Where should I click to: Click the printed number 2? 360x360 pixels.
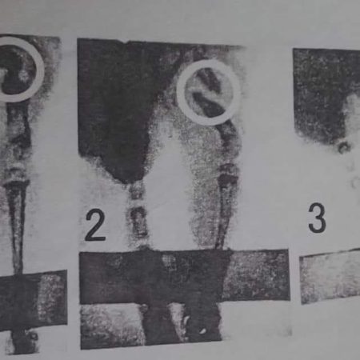(95, 226)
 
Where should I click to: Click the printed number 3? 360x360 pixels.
(317, 218)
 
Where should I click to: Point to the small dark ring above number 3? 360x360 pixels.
(344, 147)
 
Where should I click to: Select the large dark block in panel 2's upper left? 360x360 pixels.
(114, 106)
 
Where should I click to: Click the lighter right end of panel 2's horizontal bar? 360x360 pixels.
(256, 274)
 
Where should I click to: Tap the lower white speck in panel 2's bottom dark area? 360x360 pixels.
(202, 331)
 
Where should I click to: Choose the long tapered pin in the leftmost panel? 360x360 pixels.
(17, 226)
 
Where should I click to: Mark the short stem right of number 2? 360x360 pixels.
(138, 214)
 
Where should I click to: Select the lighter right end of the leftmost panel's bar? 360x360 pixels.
(53, 298)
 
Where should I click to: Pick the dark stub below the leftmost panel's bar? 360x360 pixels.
(23, 341)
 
